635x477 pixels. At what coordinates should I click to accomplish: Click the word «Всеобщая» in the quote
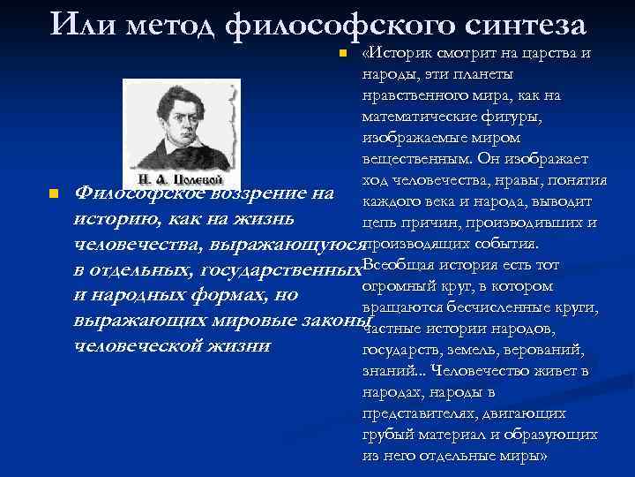(392, 265)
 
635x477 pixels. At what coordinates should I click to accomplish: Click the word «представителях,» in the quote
(416, 413)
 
